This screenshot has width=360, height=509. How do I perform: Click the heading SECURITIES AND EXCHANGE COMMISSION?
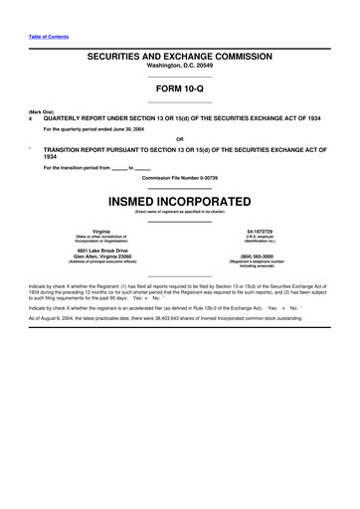coord(179,60)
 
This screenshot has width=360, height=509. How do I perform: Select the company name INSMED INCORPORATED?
coord(179,200)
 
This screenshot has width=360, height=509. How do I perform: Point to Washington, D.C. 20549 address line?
coord(179,70)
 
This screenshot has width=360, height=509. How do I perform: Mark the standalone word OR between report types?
coord(179,138)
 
